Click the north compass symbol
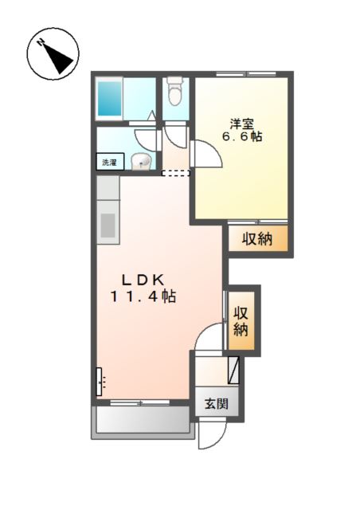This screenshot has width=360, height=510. pos(53,53)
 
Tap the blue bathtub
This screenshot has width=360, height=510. pos(110,99)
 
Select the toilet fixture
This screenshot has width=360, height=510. pos(175,91)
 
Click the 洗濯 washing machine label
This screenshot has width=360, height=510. pos(110,162)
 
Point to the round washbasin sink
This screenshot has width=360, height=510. pos(141,161)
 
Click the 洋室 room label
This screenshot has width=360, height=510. pos(241,124)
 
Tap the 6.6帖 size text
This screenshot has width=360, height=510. pos(242,136)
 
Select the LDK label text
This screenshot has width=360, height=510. pos(143,280)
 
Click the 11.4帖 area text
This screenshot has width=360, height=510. pos(143,296)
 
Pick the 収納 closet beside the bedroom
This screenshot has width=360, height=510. pos(257,239)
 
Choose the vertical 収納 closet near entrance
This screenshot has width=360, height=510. pos(241,320)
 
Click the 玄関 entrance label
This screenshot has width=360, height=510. pos(217,404)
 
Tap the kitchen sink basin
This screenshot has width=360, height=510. pos(108,225)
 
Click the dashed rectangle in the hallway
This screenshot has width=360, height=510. pos(175,174)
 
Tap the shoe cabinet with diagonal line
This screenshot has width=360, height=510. pos(233,370)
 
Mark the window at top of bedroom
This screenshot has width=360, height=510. pos(246,74)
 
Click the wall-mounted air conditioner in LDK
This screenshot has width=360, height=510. pos(100,382)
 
